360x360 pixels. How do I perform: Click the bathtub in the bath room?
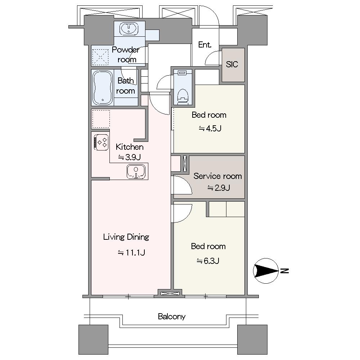pyautogui.click(x=103, y=87)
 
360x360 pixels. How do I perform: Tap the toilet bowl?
pyautogui.click(x=183, y=96)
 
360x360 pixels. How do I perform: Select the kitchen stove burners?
pyautogui.click(x=101, y=142)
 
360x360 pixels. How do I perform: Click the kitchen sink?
pyautogui.click(x=136, y=171)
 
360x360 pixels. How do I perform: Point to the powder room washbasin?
pyautogui.click(x=129, y=28)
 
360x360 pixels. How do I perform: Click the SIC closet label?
pyautogui.click(x=232, y=64)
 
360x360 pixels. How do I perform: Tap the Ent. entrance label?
pyautogui.click(x=205, y=45)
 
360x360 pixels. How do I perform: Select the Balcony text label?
pyautogui.click(x=171, y=316)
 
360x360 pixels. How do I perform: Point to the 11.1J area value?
pyautogui.click(x=131, y=253)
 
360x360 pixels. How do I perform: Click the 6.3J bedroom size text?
pyautogui.click(x=208, y=261)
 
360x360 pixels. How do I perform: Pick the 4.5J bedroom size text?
pyautogui.click(x=210, y=129)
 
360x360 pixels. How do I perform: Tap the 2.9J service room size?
pyautogui.click(x=219, y=188)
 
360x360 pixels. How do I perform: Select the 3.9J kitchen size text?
pyautogui.click(x=130, y=157)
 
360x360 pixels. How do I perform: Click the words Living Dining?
pyautogui.click(x=126, y=237)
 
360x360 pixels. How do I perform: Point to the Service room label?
pyautogui.click(x=218, y=176)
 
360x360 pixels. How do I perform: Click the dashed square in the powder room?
pyautogui.click(x=100, y=57)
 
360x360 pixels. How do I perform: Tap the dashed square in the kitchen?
pyautogui.click(x=101, y=119)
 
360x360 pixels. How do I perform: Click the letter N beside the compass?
pyautogui.click(x=284, y=271)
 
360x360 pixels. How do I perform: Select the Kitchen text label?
pyautogui.click(x=130, y=147)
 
